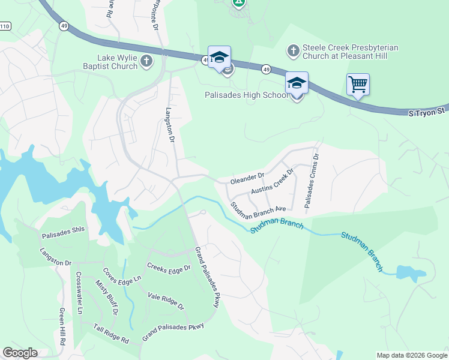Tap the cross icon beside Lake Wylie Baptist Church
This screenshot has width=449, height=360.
pos(146,61)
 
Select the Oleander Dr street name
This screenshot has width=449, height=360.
pos(247,178)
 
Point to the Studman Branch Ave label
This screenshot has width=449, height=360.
pos(258,208)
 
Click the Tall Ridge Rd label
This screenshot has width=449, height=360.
pos(111,334)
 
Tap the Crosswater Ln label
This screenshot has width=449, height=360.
pos(79,293)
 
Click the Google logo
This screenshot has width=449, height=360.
pos(20,352)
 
